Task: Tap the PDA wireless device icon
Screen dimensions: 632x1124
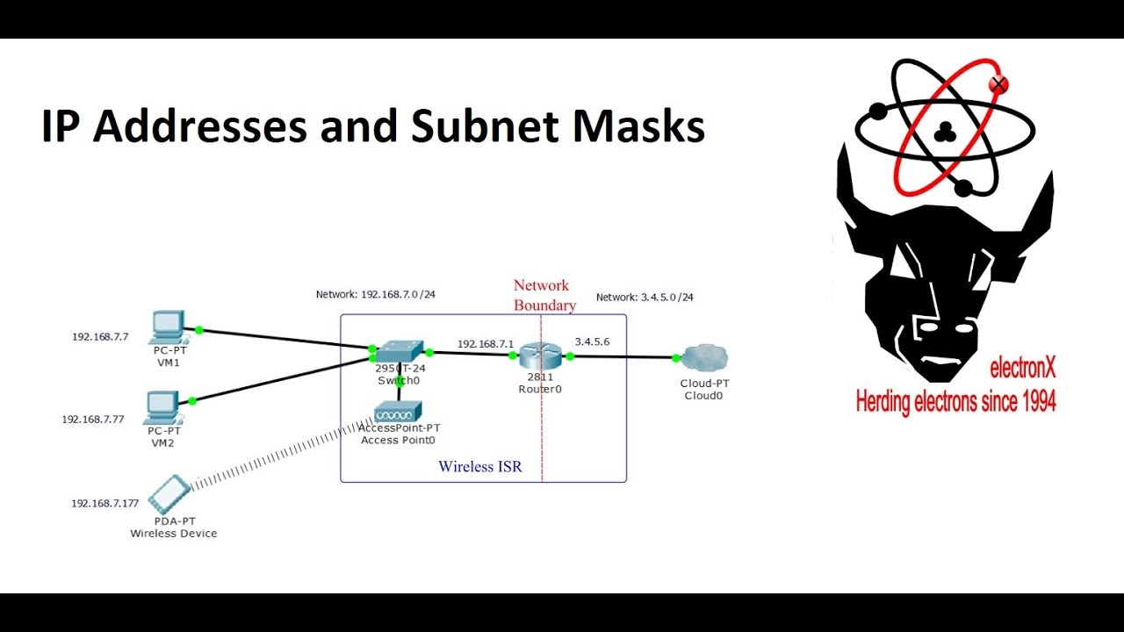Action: click(169, 494)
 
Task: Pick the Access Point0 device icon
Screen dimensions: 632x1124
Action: click(399, 411)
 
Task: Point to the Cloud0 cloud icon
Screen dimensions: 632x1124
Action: click(704, 357)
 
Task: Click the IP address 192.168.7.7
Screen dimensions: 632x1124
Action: click(100, 336)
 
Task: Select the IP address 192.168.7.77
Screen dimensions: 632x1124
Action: click(92, 420)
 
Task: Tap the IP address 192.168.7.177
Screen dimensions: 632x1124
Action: click(104, 503)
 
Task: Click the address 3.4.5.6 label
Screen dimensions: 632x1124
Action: click(592, 341)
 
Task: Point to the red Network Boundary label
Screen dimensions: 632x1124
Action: click(544, 296)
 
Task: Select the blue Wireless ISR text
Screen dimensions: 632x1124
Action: click(479, 467)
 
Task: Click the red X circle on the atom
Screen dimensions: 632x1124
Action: click(998, 84)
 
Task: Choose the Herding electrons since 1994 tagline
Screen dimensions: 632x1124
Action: click(955, 402)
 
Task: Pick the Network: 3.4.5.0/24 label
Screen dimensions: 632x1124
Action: click(645, 298)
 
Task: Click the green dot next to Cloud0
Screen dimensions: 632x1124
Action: click(676, 357)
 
